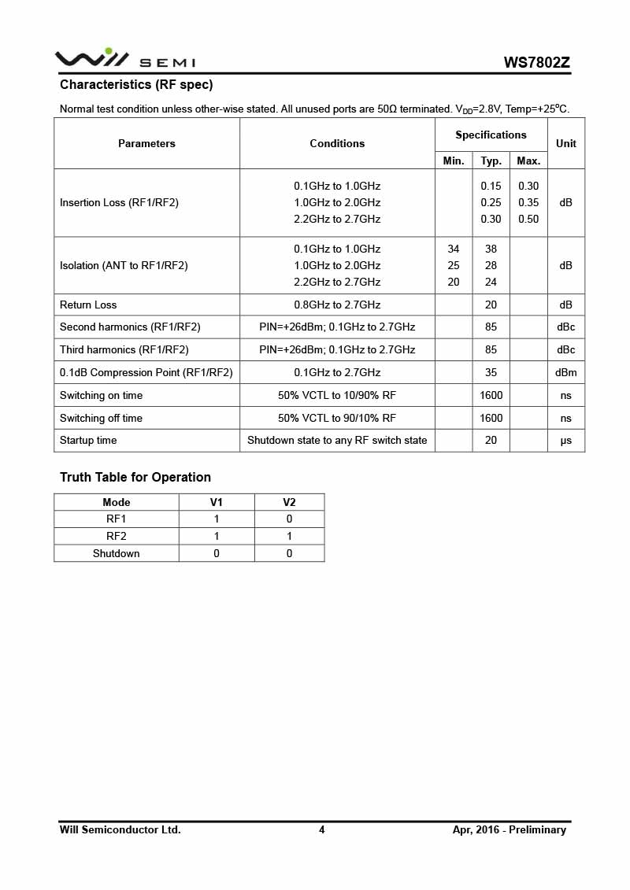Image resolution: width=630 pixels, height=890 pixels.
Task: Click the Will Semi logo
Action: [124, 59]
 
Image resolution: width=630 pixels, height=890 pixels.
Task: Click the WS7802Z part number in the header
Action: [537, 62]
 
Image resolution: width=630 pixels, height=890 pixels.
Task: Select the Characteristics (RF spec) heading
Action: [136, 85]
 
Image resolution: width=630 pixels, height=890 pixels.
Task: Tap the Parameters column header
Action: [146, 143]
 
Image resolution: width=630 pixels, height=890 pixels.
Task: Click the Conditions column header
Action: [337, 143]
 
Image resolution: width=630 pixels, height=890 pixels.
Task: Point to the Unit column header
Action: [565, 143]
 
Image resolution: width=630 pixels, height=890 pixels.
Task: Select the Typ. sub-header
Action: [491, 161]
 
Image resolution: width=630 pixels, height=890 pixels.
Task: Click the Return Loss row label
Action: [88, 305]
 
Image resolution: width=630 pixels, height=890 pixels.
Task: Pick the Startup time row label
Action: [88, 440]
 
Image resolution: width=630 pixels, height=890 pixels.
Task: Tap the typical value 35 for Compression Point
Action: [491, 372]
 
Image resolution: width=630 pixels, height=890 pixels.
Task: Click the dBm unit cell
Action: [565, 372]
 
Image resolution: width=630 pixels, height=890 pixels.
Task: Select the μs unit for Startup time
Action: [565, 440]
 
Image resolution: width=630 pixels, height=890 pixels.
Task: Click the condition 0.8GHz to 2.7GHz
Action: [337, 305]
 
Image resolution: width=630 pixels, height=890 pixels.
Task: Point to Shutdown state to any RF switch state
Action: [337, 440]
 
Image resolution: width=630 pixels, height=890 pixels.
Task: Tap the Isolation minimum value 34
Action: [454, 249]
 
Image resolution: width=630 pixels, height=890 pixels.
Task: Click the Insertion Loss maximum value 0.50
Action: [528, 220]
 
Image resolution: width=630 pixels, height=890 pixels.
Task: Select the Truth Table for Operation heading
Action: [135, 477]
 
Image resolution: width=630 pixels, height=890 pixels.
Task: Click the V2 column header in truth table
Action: [289, 502]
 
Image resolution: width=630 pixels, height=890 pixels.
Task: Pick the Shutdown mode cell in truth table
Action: [116, 553]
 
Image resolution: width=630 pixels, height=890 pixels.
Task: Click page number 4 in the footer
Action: [321, 829]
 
